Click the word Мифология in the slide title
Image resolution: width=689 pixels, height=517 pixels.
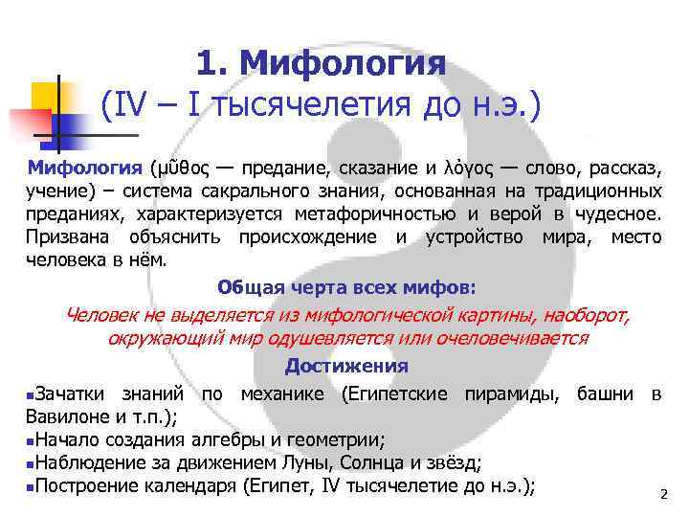[344, 65]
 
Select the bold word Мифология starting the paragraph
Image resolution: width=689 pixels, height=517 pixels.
[84, 169]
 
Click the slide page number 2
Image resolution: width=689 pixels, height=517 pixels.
[662, 494]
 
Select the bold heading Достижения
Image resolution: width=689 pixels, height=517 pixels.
[346, 367]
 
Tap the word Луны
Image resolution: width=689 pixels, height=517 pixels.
[296, 463]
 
